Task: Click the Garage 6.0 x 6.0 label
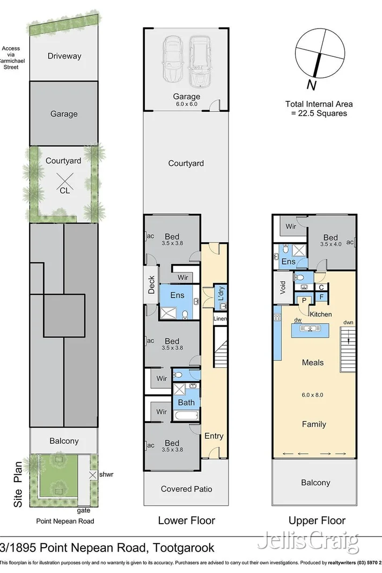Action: tap(186, 100)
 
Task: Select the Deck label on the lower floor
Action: tap(151, 284)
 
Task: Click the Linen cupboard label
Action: tap(221, 319)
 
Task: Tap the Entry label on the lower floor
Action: tap(214, 436)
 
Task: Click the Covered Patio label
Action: tap(186, 489)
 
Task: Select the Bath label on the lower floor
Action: tap(187, 402)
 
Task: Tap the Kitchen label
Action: tap(320, 314)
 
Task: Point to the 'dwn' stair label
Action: tap(348, 323)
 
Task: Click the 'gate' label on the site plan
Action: tap(83, 510)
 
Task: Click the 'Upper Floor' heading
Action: tap(317, 520)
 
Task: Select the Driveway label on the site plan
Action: tap(64, 56)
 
